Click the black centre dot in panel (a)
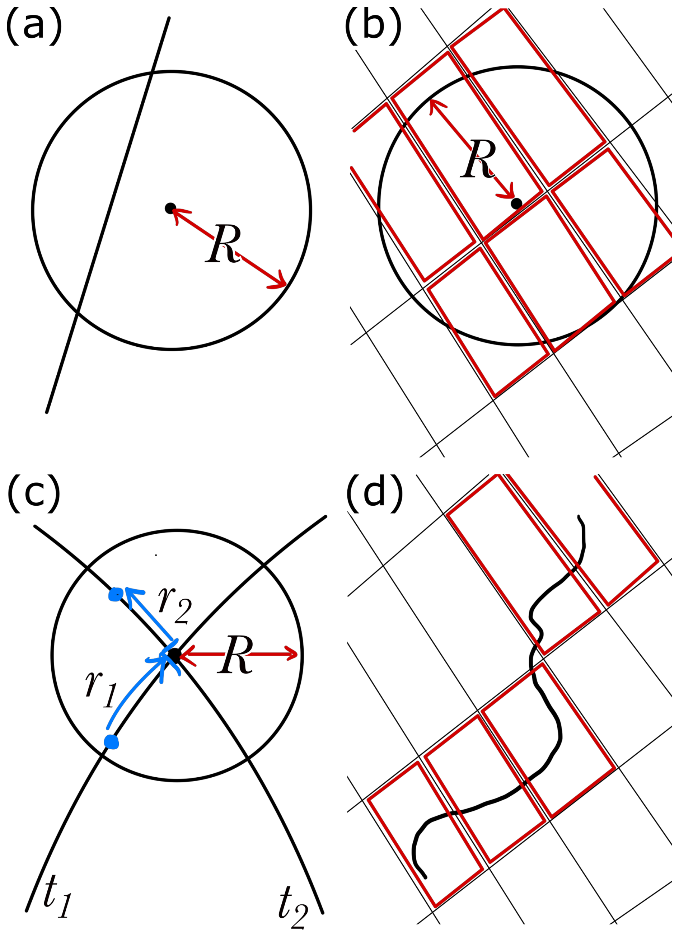pos(170,208)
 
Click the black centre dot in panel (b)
pos(516,203)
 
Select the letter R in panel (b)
pos(478,159)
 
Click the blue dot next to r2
pos(115,594)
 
